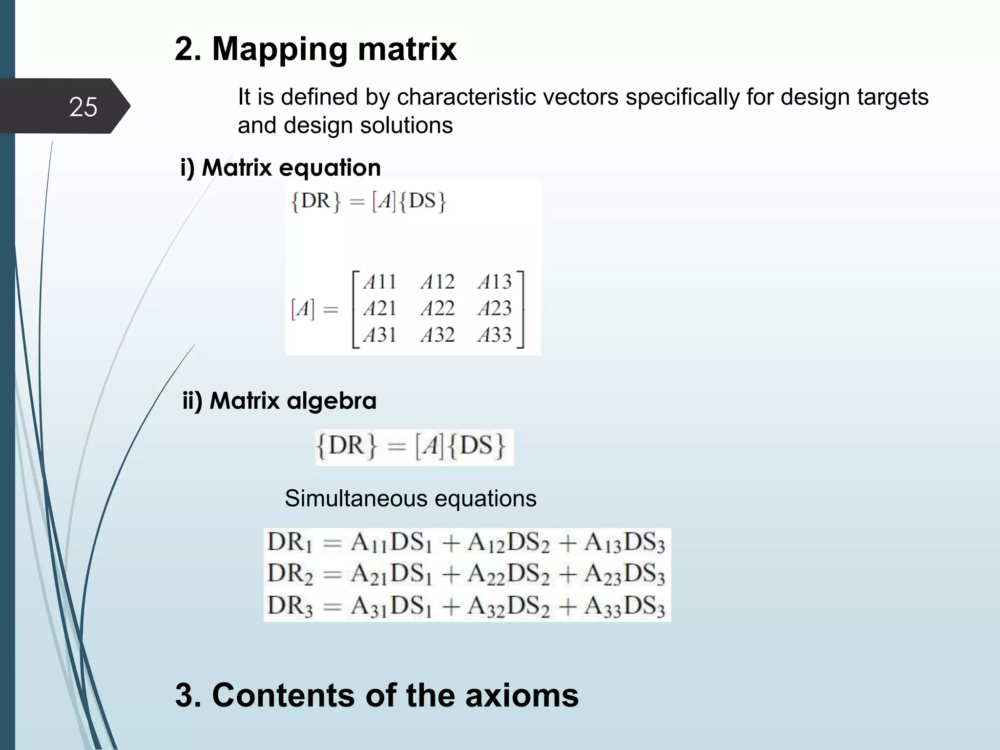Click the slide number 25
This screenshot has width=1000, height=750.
point(83,106)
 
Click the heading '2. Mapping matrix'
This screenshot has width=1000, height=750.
point(315,49)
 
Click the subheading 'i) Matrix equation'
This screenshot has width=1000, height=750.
point(280,168)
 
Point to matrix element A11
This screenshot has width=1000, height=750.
point(379,282)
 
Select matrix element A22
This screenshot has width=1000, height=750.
point(437,309)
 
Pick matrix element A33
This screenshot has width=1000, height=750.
point(495,335)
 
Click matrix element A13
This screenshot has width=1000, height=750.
point(495,282)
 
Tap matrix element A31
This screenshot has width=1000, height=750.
point(379,335)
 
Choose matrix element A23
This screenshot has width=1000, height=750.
point(495,309)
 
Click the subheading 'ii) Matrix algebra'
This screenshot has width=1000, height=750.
point(279,401)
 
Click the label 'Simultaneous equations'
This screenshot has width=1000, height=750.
point(410,499)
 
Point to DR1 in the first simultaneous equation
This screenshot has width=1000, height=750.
point(290,542)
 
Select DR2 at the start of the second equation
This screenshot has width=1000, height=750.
point(290,574)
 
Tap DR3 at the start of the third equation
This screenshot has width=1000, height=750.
point(290,606)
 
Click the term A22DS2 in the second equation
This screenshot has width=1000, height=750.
point(508,574)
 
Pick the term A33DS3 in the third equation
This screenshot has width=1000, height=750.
point(625,607)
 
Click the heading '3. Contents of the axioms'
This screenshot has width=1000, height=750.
point(376,695)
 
